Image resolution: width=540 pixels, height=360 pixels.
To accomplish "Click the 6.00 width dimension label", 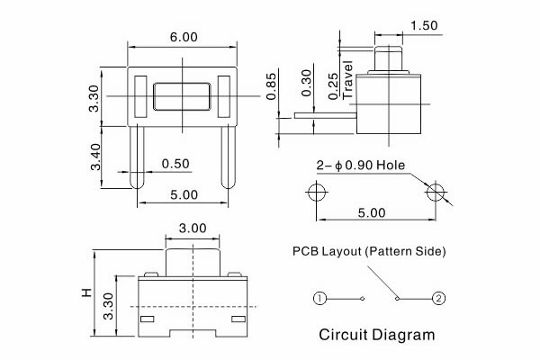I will point(184,38).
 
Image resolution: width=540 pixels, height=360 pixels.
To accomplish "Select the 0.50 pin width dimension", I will point(175,164).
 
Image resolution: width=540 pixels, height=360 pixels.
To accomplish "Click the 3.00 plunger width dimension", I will point(193,229).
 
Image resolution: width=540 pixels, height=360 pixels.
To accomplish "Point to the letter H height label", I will point(86,292).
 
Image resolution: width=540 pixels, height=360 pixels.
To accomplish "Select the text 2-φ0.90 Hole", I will point(361,166).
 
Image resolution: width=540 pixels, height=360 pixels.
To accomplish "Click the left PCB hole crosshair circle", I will point(316,192).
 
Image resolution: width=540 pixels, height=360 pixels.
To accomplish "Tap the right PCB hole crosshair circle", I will point(436,192).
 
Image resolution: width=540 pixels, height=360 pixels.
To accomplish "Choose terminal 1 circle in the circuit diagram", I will point(319,298).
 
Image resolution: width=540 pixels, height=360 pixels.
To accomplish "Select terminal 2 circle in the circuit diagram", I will point(438,298).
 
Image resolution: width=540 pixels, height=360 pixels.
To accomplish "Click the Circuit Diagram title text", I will point(376,335).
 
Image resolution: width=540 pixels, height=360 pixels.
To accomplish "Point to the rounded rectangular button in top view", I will point(184,96).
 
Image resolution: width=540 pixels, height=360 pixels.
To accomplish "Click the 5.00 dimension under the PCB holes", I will point(371,213).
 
